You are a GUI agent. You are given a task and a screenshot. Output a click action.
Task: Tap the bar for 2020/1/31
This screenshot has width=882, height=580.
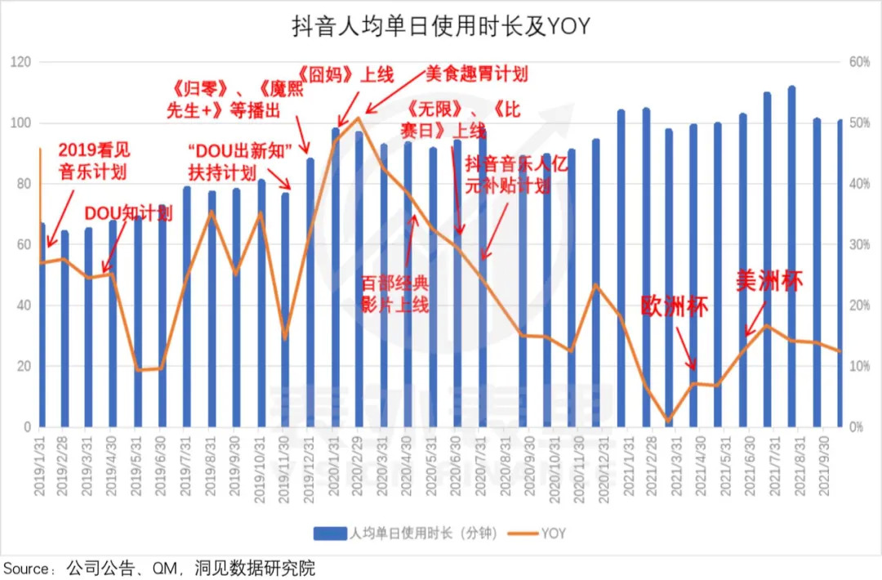tap(336, 278)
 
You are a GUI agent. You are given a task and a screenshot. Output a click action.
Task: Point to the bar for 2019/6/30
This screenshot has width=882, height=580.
tap(163, 319)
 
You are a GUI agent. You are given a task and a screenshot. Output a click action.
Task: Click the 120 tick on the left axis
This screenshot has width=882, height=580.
tap(20, 62)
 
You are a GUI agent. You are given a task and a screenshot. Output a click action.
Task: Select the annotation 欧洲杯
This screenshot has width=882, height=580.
tap(675, 307)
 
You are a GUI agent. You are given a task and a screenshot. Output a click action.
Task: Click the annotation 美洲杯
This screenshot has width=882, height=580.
tap(770, 281)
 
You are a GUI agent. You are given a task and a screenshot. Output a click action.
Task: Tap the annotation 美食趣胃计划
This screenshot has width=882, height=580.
tap(477, 74)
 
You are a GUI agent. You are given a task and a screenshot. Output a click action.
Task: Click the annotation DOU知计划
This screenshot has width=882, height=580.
tap(129, 214)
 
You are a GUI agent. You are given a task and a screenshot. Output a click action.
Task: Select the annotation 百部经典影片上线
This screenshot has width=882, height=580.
tap(395, 294)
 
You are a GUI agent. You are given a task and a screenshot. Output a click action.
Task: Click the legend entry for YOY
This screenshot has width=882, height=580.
tap(542, 533)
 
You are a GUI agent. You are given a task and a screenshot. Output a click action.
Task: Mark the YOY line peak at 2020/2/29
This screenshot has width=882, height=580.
tap(359, 118)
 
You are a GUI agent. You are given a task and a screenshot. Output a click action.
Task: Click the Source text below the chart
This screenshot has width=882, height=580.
tap(158, 568)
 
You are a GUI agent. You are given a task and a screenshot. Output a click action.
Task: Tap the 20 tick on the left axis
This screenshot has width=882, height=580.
tap(24, 366)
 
